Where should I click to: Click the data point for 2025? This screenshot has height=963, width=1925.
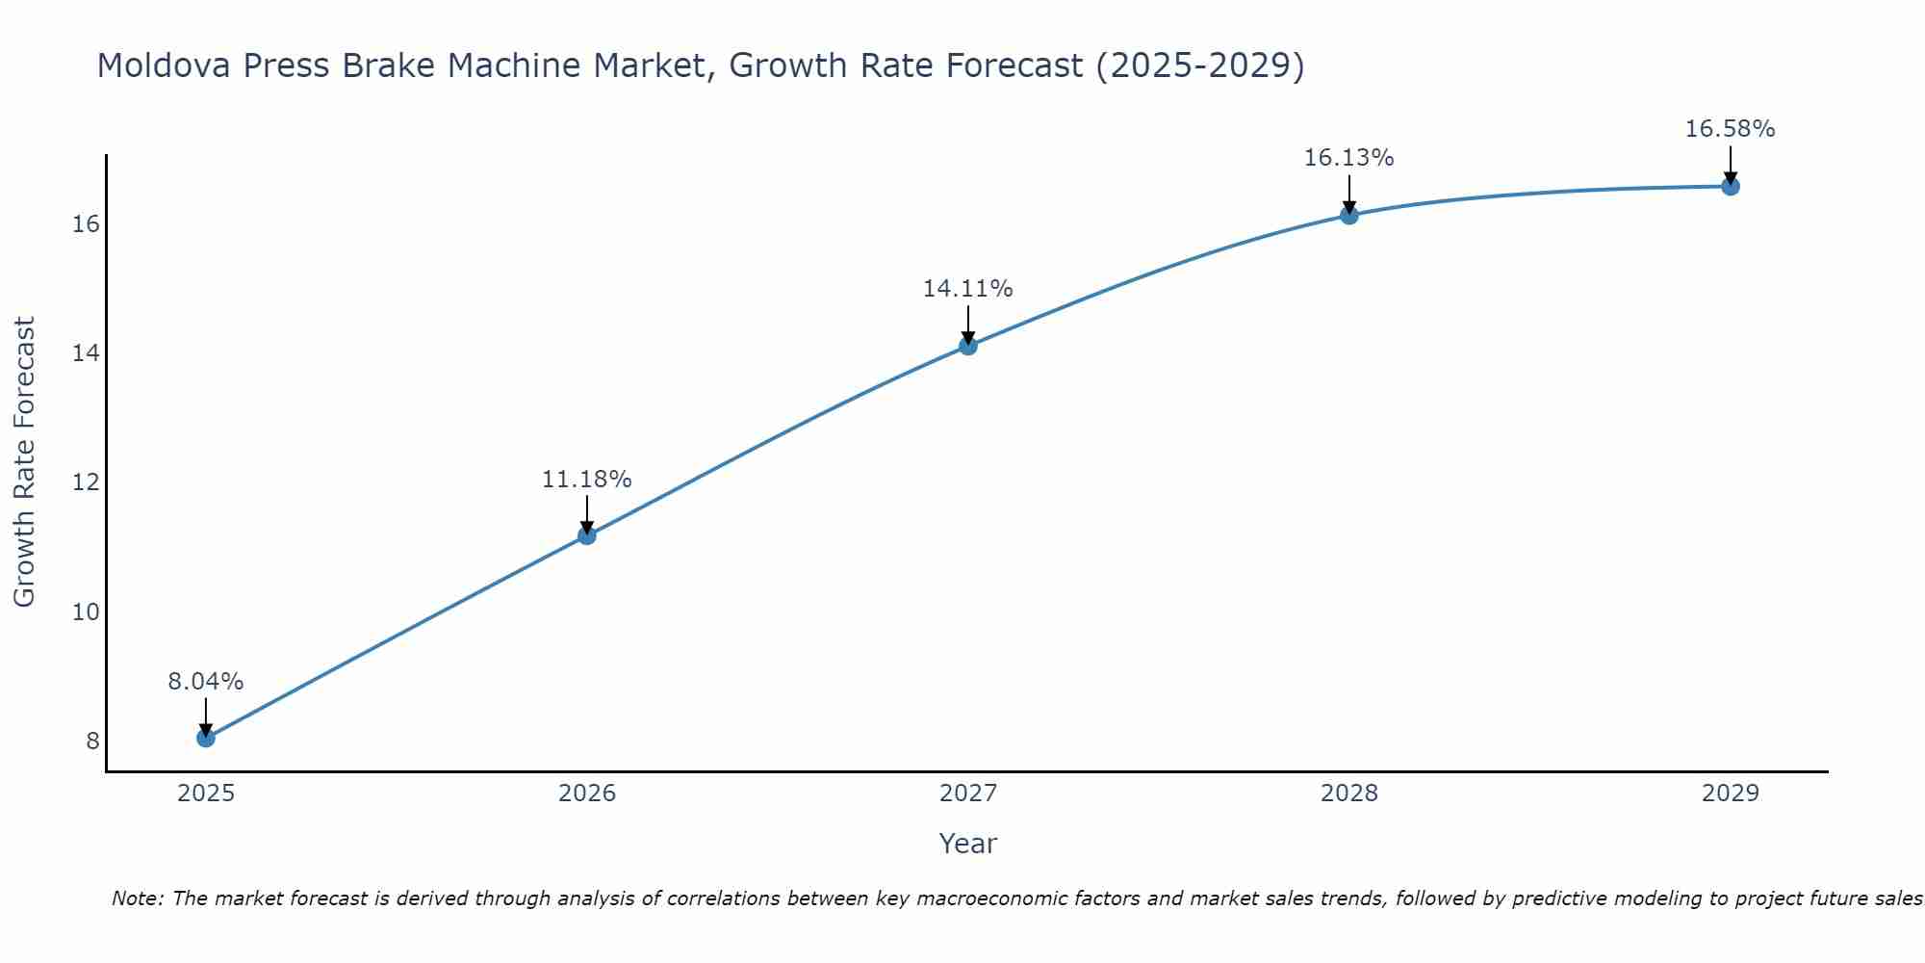[206, 738]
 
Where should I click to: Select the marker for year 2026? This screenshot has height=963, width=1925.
[587, 535]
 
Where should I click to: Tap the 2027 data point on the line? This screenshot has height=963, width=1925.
[968, 346]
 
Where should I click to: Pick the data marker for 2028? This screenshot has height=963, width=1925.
[1349, 215]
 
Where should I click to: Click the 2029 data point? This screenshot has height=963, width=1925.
[1731, 186]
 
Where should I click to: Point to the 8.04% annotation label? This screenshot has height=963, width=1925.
[206, 682]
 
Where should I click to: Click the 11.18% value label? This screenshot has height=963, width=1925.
[587, 480]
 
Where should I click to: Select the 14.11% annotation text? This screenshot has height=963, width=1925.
[968, 289]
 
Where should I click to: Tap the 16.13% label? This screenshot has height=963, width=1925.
[1349, 158]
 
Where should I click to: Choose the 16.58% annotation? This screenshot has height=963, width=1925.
[1731, 129]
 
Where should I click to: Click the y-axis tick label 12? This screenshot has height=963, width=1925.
[86, 482]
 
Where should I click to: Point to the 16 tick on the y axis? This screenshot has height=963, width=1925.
[86, 224]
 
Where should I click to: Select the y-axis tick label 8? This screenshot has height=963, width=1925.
[92, 741]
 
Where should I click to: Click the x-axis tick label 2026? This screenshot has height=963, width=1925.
[587, 794]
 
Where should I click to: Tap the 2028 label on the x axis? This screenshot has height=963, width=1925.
[1349, 794]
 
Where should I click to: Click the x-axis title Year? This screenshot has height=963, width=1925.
[968, 844]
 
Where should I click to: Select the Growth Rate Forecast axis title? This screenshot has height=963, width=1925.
[25, 462]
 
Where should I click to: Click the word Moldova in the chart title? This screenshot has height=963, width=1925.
[164, 66]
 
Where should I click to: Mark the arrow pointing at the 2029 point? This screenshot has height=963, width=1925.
[1731, 164]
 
